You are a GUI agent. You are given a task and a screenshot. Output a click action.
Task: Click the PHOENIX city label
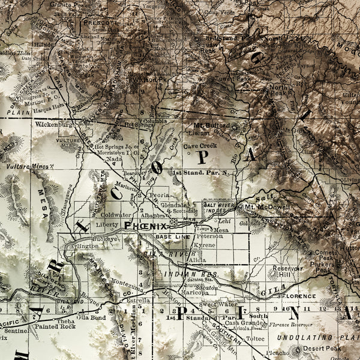pyautogui.click(x=146, y=225)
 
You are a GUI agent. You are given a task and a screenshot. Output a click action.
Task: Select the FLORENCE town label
pyautogui.click(x=298, y=296)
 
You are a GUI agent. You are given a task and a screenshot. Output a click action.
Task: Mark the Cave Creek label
pyautogui.click(x=200, y=146)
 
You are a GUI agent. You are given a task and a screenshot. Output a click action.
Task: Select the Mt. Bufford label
pyautogui.click(x=207, y=125)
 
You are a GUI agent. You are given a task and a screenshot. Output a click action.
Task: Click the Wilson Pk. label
pyautogui.click(x=152, y=79)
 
